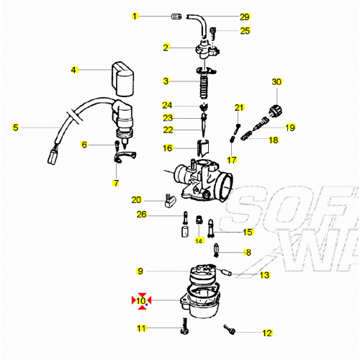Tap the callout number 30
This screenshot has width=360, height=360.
[x=275, y=81]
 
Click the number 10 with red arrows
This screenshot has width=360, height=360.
[x=141, y=301]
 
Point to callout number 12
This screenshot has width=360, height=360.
[x=267, y=333]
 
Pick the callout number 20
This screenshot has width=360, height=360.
[x=136, y=199]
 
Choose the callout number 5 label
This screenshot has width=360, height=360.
[x=14, y=128]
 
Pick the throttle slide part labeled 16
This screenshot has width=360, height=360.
[x=202, y=149]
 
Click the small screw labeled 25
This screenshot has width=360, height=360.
[x=214, y=31]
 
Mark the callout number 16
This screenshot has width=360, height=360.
[x=168, y=148]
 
